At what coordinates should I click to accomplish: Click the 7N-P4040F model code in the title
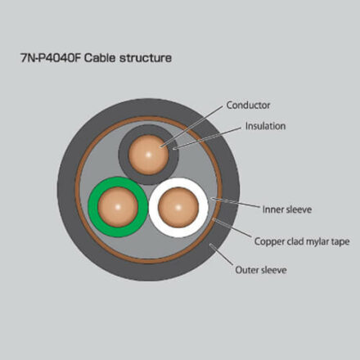tap(51, 58)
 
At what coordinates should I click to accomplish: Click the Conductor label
tap(248, 105)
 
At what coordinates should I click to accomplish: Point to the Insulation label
tap(265, 126)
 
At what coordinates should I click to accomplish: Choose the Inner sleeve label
tap(287, 209)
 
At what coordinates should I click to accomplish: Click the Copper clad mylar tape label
tap(302, 241)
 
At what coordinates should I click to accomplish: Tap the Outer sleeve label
tap(261, 270)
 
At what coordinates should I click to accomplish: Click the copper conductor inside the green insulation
tap(118, 207)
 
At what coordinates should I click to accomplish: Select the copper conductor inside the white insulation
tap(178, 208)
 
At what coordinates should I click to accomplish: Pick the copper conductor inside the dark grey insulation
tap(149, 155)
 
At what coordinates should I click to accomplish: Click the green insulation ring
tap(93, 207)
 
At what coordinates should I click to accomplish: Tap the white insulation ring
tap(204, 208)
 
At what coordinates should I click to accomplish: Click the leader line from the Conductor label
tap(192, 127)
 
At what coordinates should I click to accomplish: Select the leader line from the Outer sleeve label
tap(222, 254)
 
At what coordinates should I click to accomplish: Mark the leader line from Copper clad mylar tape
tap(232, 227)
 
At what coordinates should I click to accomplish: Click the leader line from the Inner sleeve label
tap(236, 202)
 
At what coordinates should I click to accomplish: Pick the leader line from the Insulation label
tap(208, 138)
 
